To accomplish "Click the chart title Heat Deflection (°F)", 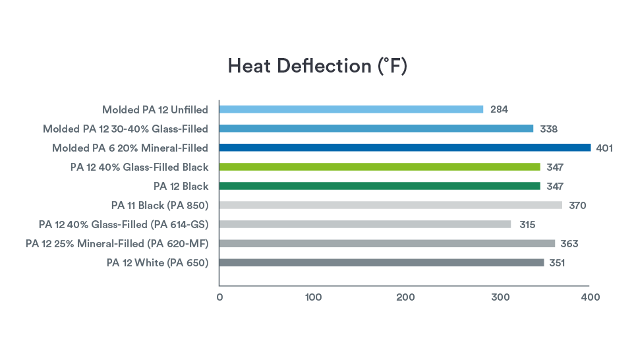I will pos(317,67).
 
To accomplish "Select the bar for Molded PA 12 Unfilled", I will pos(351,109).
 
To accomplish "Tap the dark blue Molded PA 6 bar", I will pos(405,148).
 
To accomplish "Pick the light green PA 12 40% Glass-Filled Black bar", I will pos(379,167).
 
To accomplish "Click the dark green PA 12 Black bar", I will pos(379,186).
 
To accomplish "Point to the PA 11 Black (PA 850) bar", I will pos(390,205).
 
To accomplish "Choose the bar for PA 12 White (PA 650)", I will pos(381,262).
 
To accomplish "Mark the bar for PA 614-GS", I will pos(364,224).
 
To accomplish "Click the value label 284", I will pos(499,109).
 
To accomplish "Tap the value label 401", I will pos(604,148).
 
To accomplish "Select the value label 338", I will pos(549,129).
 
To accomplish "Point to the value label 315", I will pos(527,224).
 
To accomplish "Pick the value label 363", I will pos(569,243).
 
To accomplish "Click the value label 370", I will pos(577,205).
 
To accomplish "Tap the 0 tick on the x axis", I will pos(219,297).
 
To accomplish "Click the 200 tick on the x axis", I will pos(405,297).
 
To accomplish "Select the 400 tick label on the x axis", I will pos(591,297).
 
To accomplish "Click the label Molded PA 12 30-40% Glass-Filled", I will pos(125,129).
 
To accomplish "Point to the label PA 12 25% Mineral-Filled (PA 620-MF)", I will pos(117,243).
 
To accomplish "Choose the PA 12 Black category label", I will pos(181,186).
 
